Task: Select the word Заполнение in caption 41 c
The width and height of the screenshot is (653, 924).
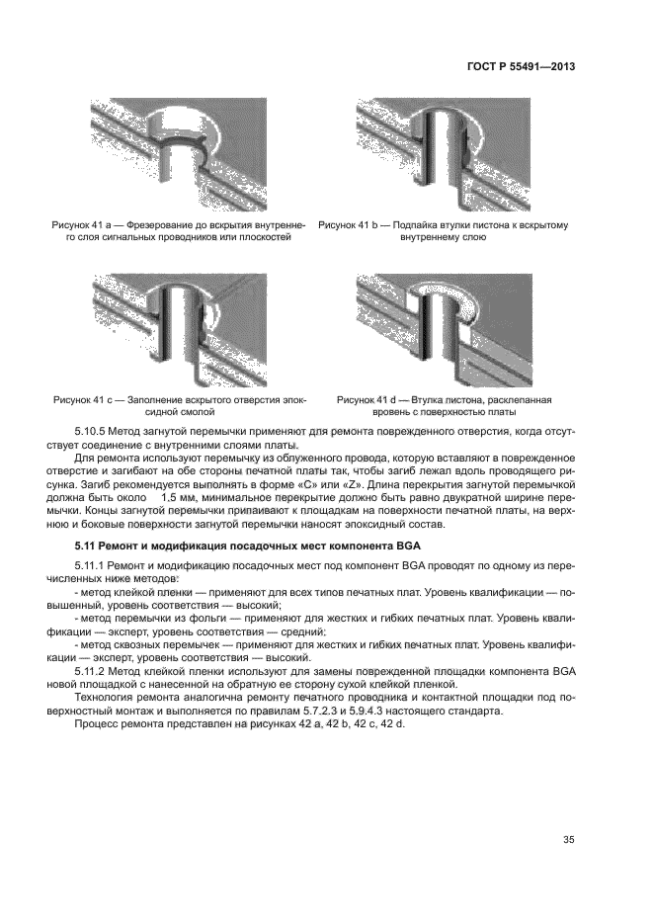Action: (151, 399)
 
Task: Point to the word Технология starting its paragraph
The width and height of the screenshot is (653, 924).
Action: (105, 698)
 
